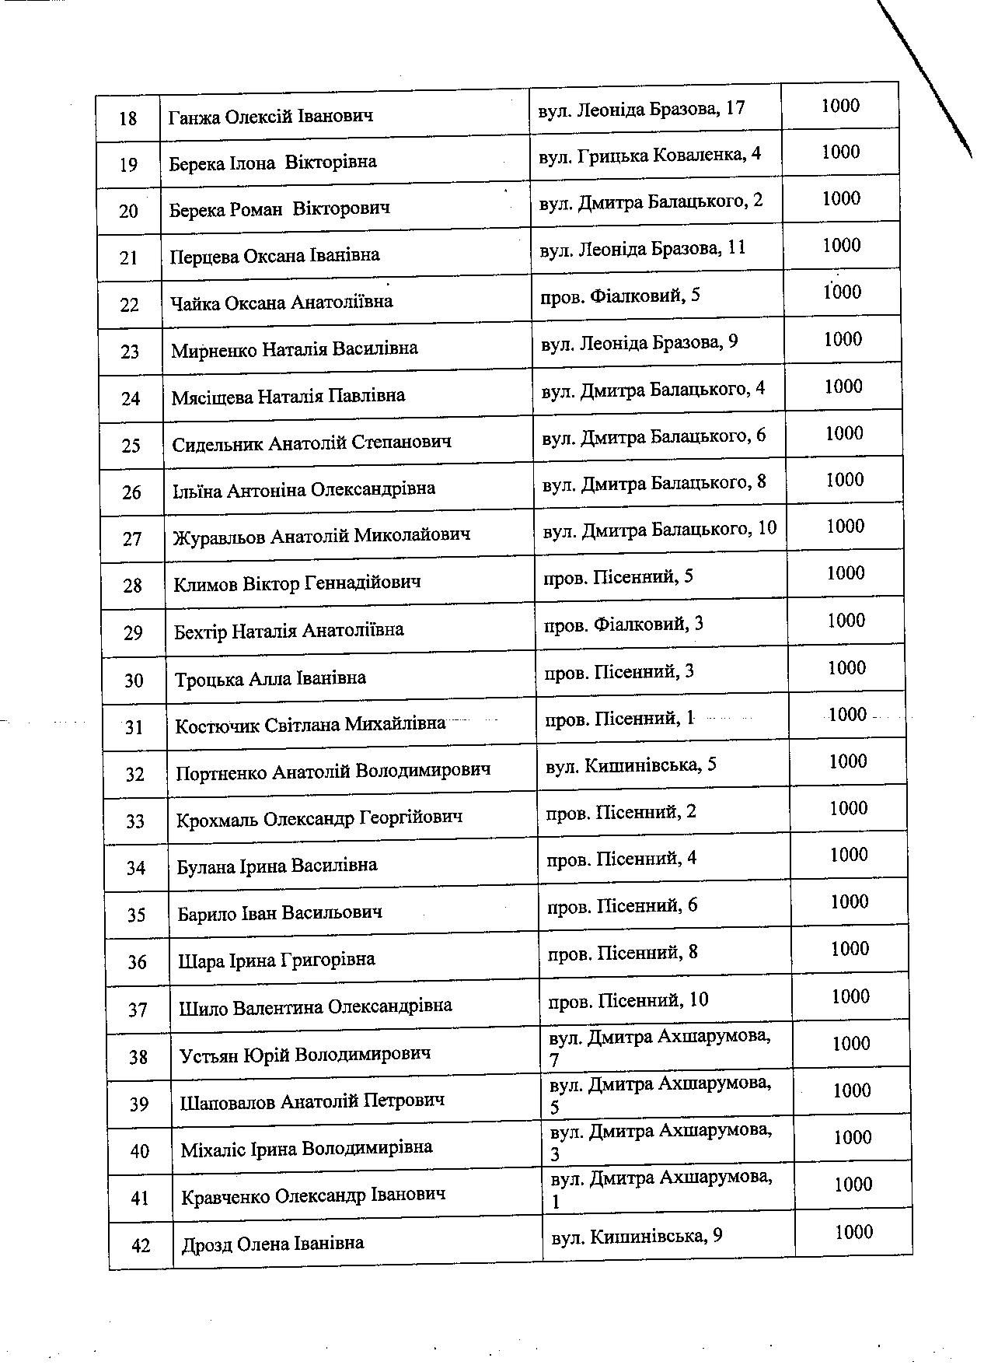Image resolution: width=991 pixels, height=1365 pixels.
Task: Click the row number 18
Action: coord(128,118)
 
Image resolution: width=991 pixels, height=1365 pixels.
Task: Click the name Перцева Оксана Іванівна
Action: coord(274,255)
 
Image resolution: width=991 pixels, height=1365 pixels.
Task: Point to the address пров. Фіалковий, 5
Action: coord(621,295)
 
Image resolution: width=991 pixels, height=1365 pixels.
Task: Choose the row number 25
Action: coord(131,446)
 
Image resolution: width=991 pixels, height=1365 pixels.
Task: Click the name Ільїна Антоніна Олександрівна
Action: coord(304,489)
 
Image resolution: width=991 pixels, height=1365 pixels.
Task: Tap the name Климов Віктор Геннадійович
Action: coord(298,583)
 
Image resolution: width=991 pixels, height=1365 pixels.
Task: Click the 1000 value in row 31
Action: coord(847,715)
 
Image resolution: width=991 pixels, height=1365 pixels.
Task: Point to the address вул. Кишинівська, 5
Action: coord(631,765)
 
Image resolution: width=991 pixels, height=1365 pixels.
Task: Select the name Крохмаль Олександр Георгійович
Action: coord(319,818)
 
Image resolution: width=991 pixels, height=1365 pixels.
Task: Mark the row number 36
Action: coord(137,962)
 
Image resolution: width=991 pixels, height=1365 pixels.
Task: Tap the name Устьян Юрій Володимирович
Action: coord(305,1055)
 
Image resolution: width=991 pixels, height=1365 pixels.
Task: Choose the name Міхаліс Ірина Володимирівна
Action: coord(306,1148)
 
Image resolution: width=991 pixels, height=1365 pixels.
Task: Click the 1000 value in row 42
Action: coord(853,1232)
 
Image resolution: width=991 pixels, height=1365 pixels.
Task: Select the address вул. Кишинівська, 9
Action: coord(637,1236)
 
